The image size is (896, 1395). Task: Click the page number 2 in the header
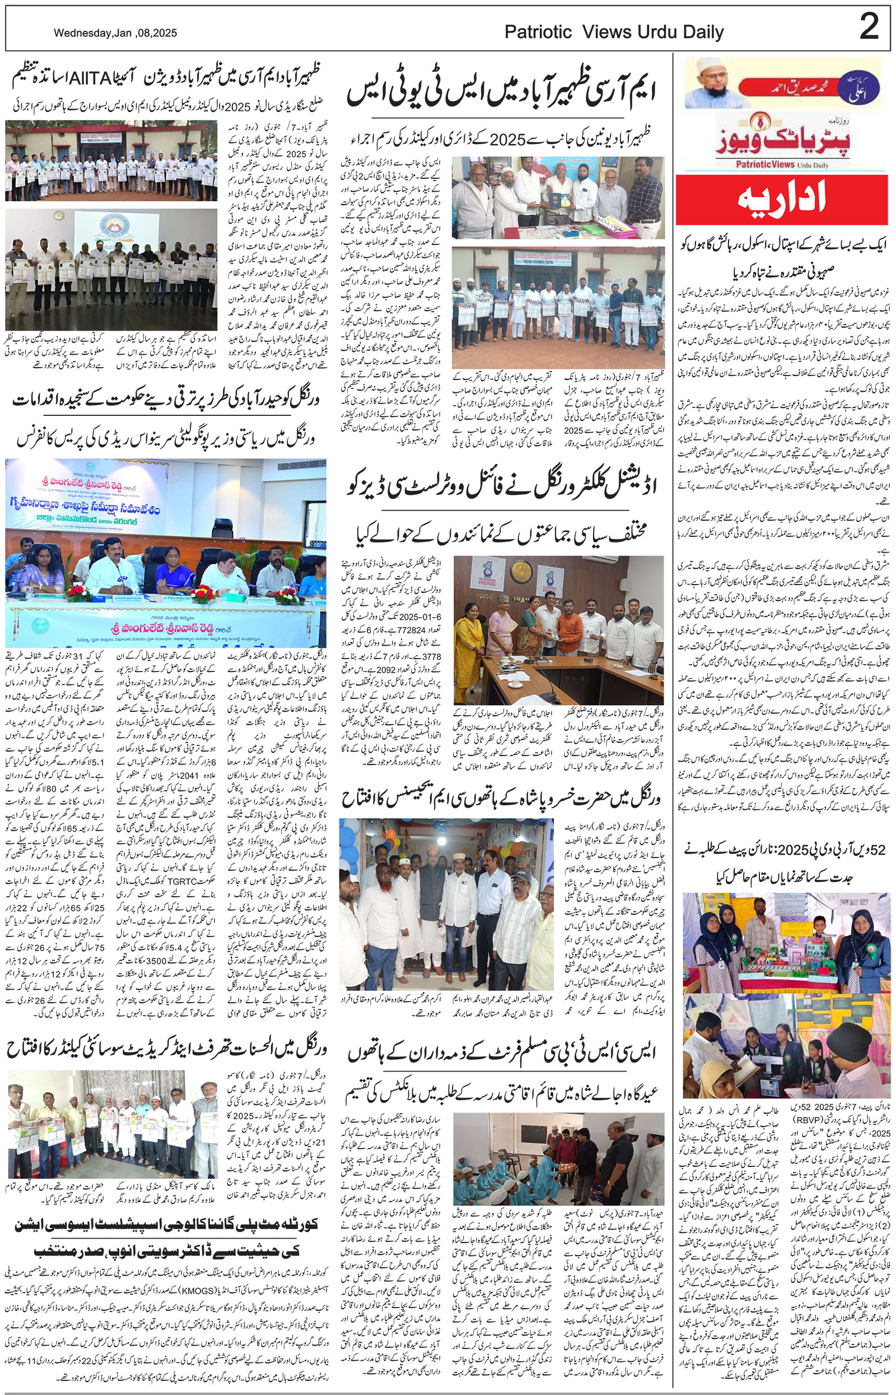(869, 27)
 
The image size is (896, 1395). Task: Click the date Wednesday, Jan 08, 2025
(115, 33)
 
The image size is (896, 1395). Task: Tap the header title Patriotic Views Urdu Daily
(613, 32)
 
